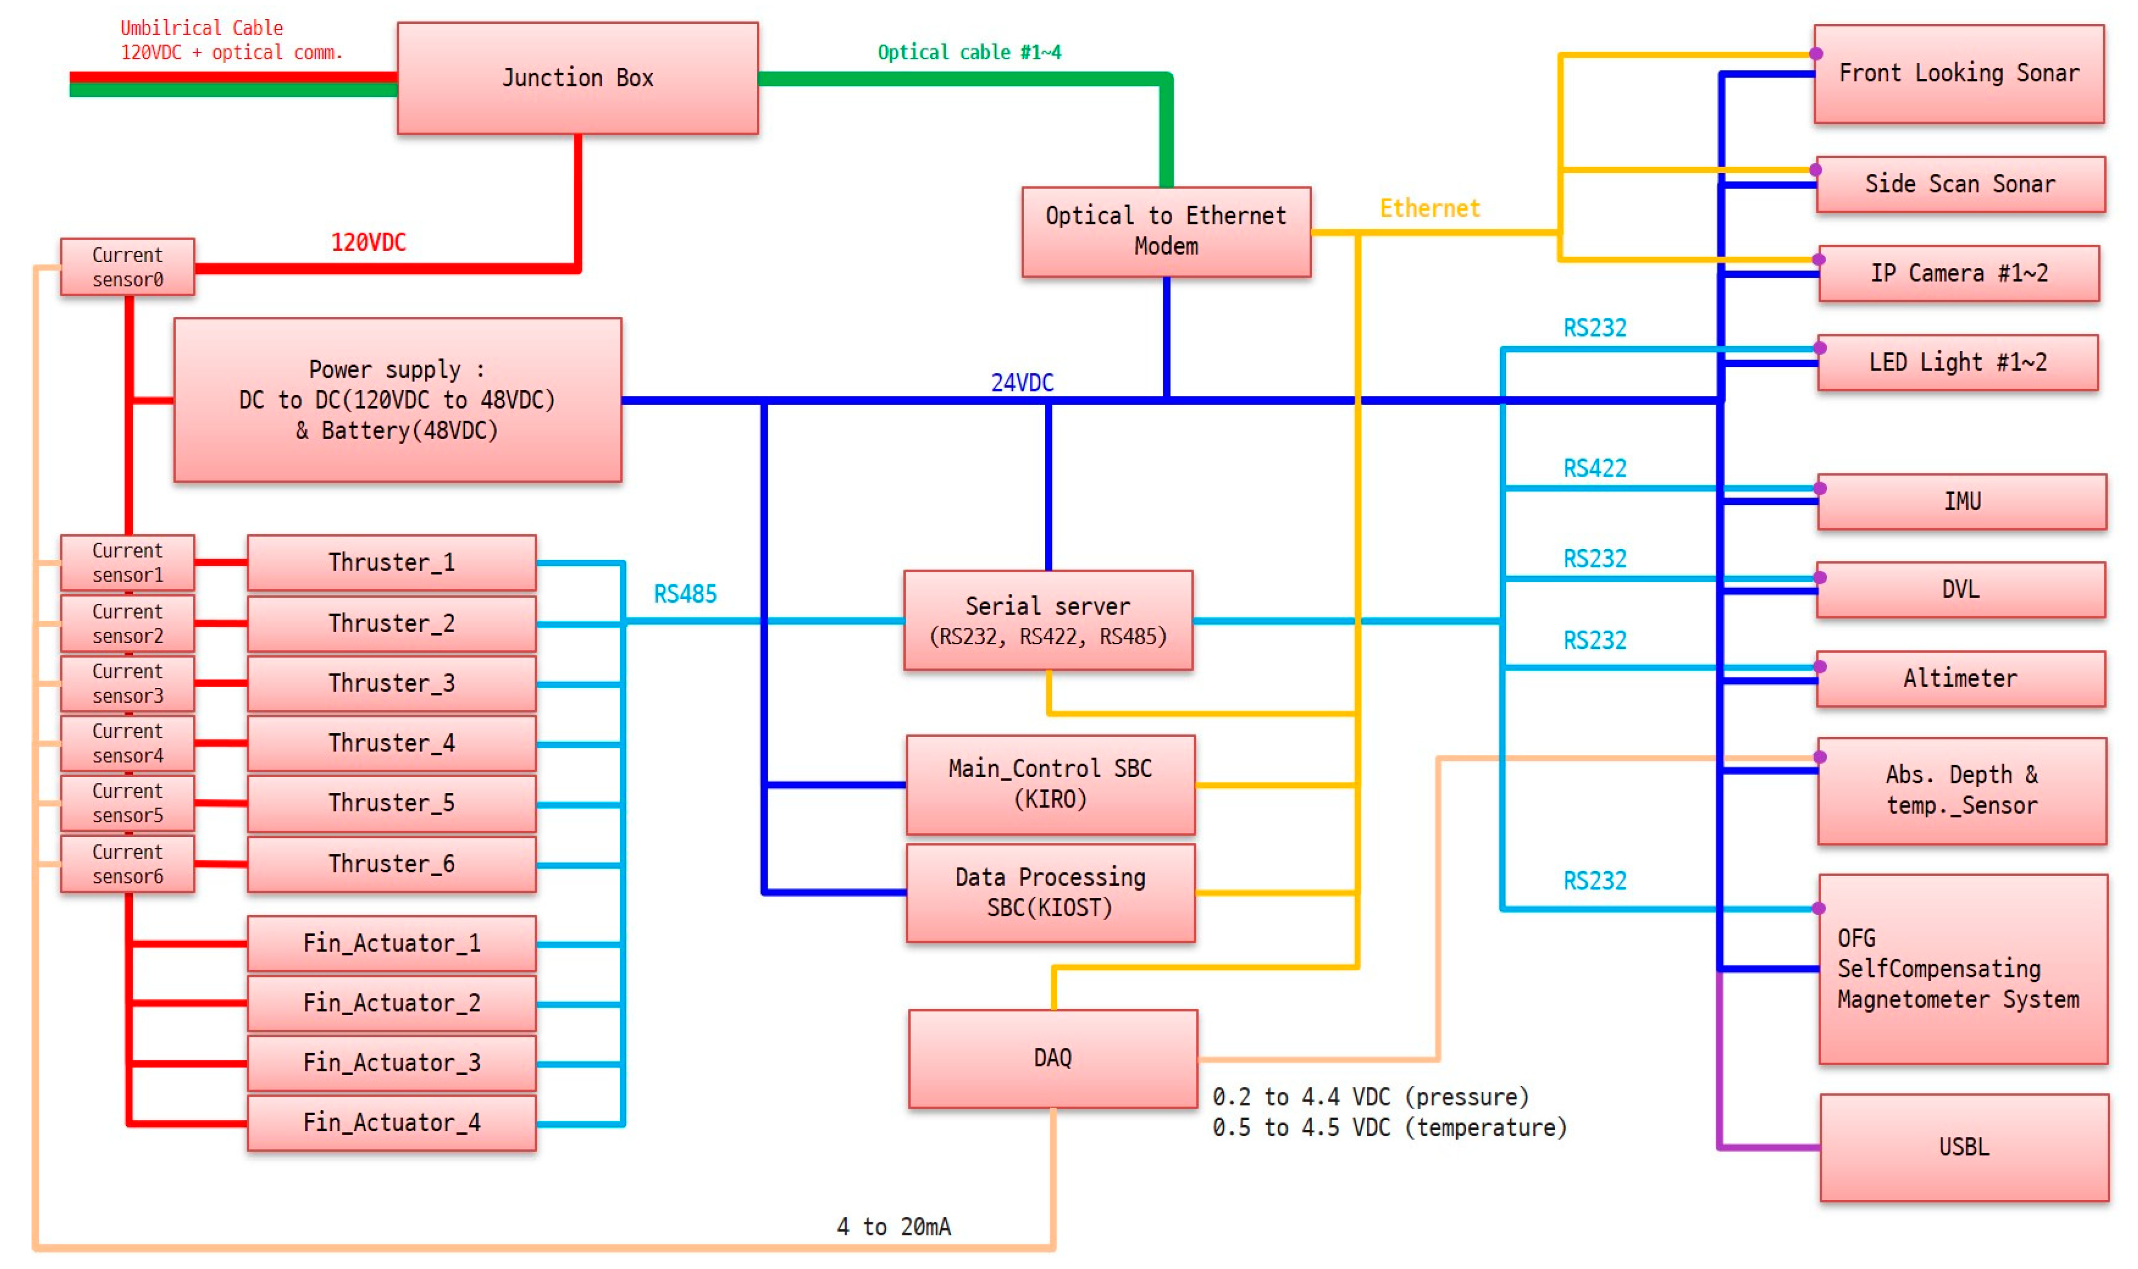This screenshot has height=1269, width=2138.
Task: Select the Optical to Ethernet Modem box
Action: pos(1165,232)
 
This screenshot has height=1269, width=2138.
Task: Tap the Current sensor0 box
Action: pos(127,267)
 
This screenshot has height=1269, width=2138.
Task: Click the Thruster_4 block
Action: pos(392,743)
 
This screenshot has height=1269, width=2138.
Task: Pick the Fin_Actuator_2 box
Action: pos(392,1003)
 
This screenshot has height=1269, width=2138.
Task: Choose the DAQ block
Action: pos(1052,1059)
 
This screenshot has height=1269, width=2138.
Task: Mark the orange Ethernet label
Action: pos(1429,209)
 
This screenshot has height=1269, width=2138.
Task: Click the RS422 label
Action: pos(1594,468)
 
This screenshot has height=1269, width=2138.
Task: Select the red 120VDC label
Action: pos(368,243)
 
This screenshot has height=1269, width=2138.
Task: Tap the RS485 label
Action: pos(685,595)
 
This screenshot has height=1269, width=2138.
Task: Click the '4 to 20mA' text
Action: pos(893,1227)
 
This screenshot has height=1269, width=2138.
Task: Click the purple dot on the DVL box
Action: pos(1820,578)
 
